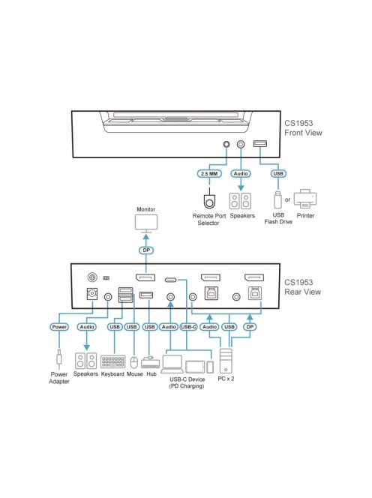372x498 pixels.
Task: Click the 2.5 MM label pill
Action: point(208,173)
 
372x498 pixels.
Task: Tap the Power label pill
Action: point(59,326)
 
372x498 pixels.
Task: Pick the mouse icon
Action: point(133,363)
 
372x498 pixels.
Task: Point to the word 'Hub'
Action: point(151,373)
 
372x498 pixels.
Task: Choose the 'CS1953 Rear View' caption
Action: point(303,287)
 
